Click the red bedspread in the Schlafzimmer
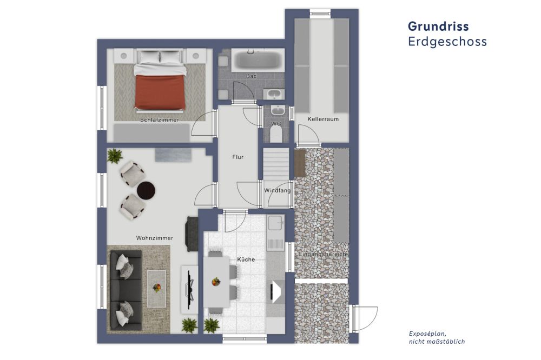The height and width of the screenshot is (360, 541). click(x=160, y=92)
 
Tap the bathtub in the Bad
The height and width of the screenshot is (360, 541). click(x=258, y=60)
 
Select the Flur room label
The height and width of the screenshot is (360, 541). click(x=237, y=157)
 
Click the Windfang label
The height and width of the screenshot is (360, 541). click(x=278, y=190)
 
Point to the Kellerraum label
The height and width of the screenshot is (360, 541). click(x=323, y=119)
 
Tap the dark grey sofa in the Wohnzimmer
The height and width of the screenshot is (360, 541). click(x=126, y=290)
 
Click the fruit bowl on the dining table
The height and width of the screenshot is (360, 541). click(x=216, y=282)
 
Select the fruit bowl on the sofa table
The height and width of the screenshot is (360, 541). click(x=157, y=288)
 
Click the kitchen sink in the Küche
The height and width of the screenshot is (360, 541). click(x=276, y=223)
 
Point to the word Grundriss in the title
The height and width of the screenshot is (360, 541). click(x=438, y=26)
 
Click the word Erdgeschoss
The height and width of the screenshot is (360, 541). click(x=447, y=42)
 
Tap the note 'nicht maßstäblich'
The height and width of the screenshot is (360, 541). click(x=437, y=342)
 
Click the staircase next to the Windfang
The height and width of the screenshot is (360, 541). click(x=276, y=164)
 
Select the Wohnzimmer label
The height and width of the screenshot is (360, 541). click(x=155, y=238)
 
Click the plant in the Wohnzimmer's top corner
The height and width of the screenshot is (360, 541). click(x=115, y=156)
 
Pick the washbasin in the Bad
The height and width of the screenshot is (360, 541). click(x=274, y=94)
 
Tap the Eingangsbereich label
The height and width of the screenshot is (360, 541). click(x=322, y=254)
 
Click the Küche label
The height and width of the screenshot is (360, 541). click(x=246, y=259)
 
